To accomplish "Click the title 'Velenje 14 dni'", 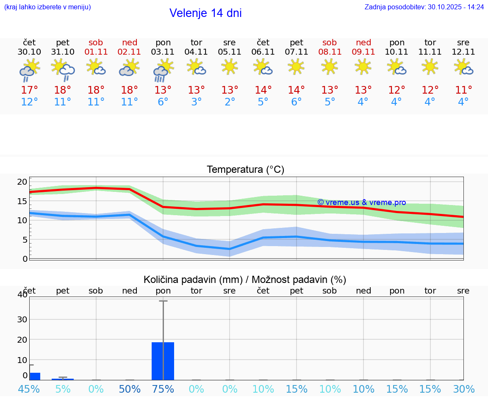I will click(205, 13).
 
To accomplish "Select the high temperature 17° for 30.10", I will click(29, 90).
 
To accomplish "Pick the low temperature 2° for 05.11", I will click(230, 102).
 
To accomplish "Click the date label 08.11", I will click(330, 52).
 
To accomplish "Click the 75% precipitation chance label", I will click(163, 389).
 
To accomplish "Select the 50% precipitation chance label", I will click(130, 389).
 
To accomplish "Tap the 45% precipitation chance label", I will click(29, 389).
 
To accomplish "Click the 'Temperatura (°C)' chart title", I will click(245, 170).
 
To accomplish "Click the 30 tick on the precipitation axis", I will click(22, 319).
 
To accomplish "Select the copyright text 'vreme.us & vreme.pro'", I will click(361, 202).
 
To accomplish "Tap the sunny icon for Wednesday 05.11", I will click(230, 67).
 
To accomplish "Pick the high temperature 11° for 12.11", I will click(463, 90).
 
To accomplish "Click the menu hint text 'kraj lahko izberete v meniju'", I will click(47, 7).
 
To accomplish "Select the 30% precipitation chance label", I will click(463, 389).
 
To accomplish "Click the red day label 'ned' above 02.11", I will click(130, 42).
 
